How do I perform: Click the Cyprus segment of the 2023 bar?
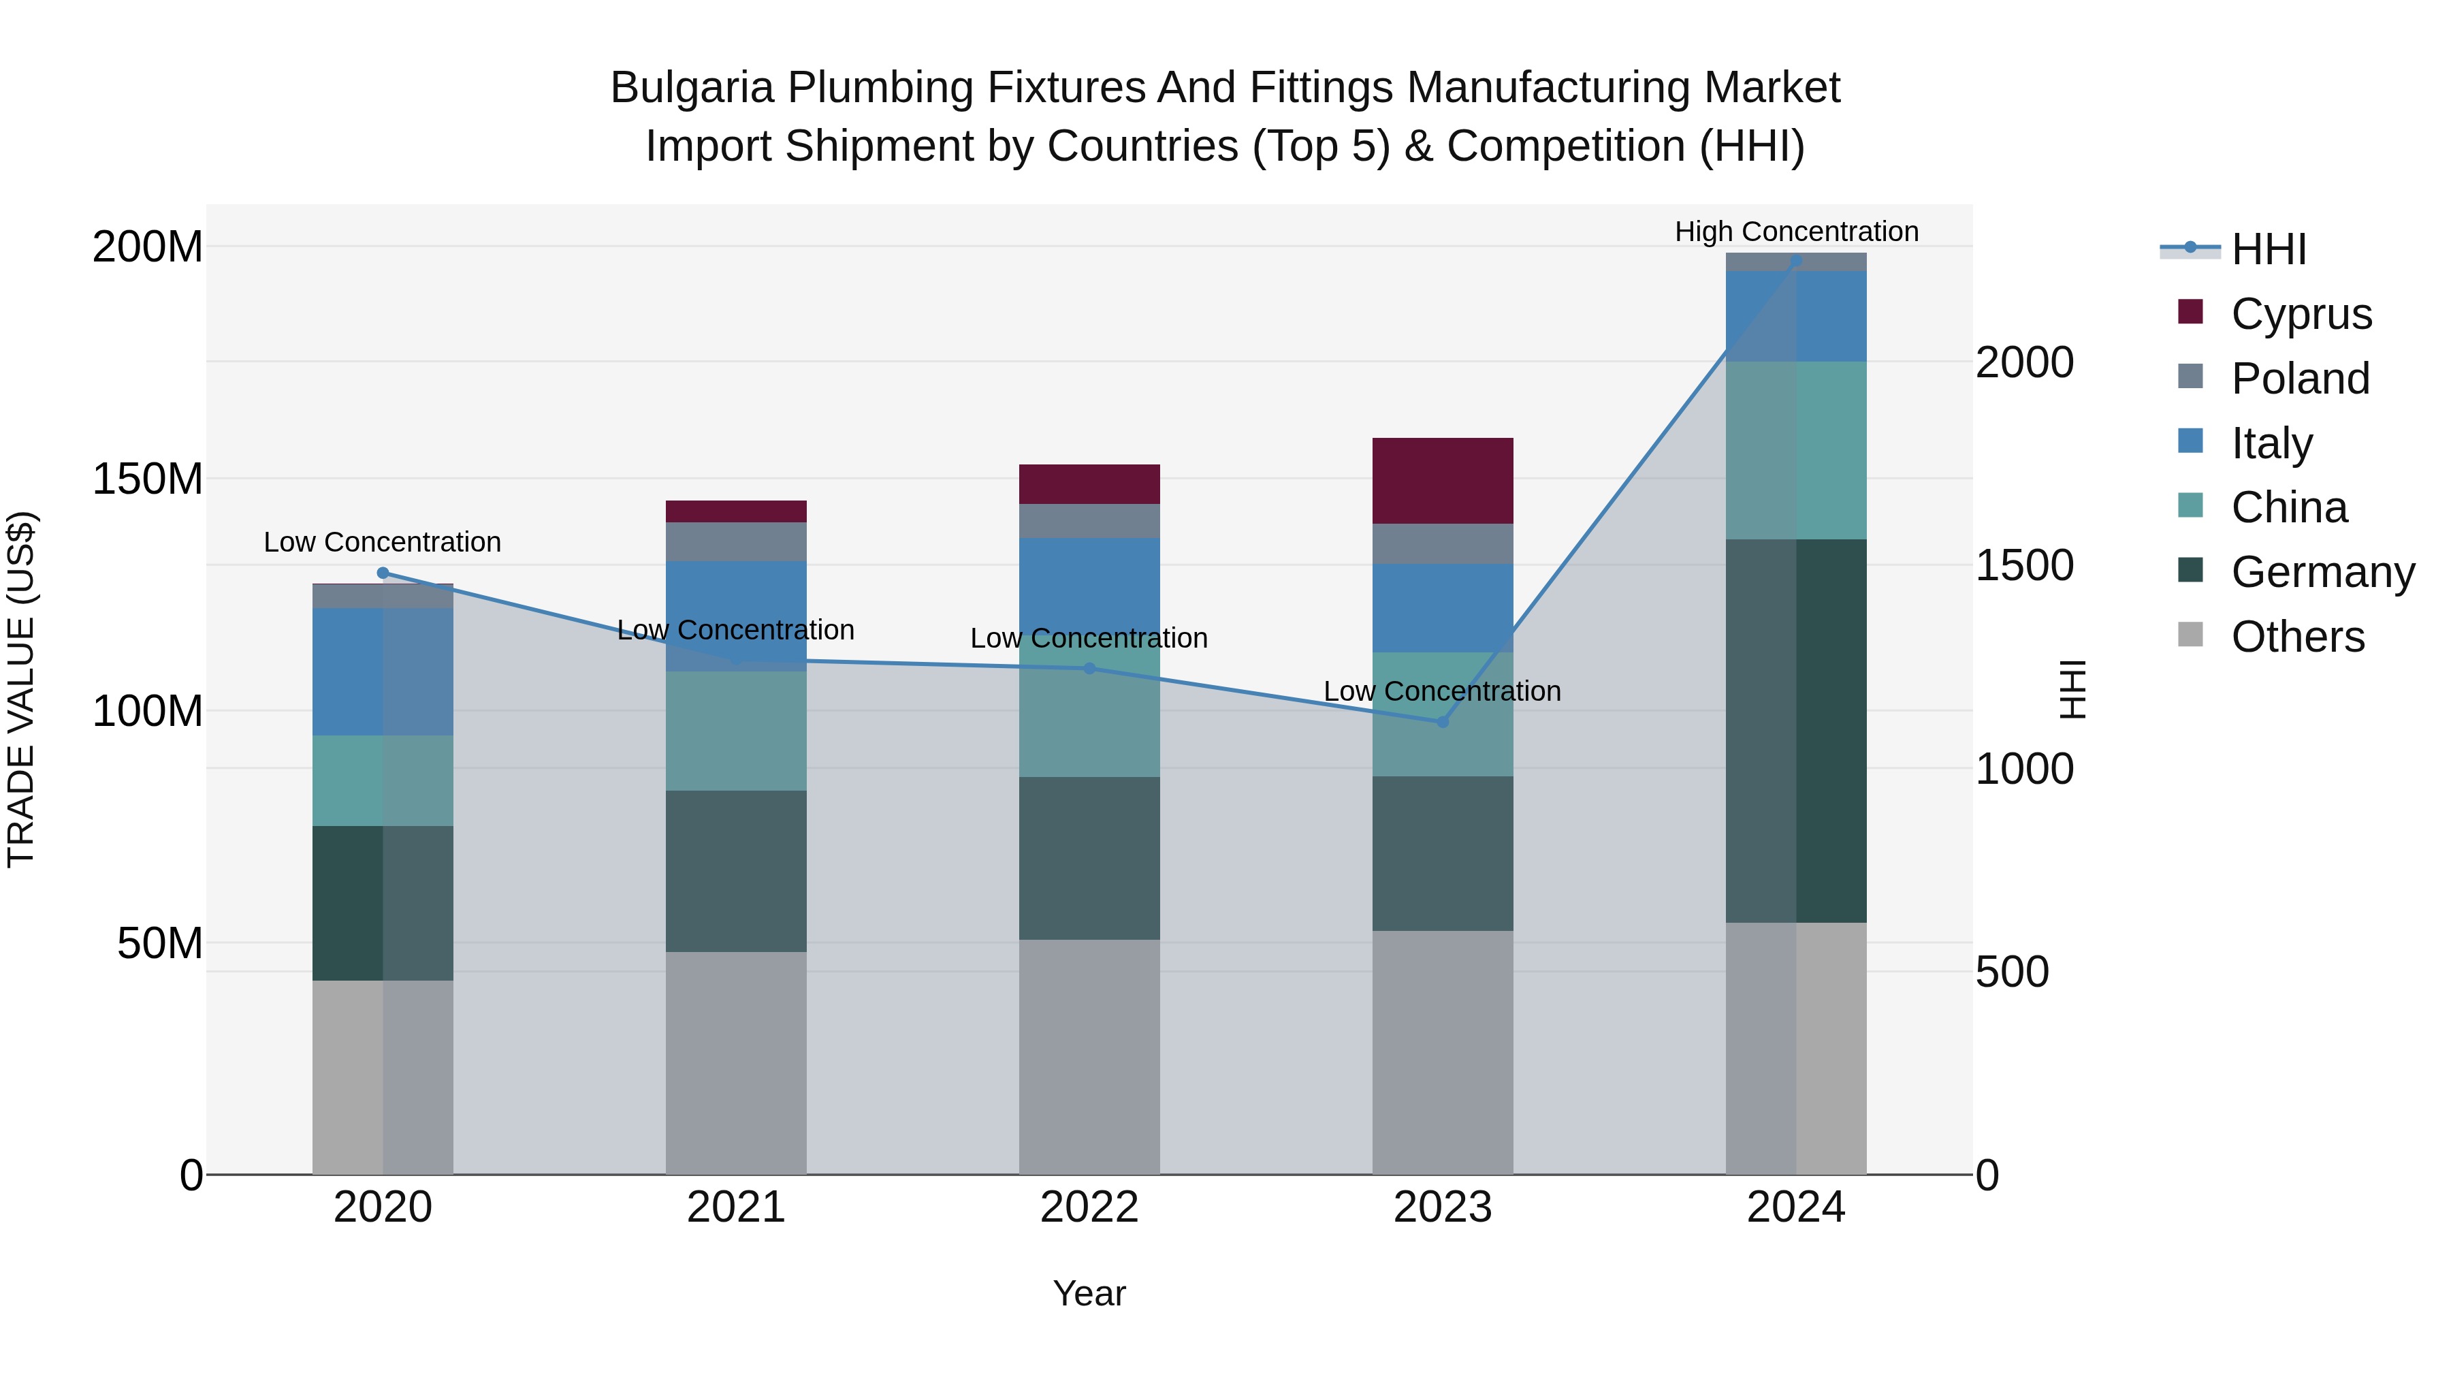point(1443,481)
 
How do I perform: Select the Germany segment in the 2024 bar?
point(1797,730)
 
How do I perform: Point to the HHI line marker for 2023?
point(1443,723)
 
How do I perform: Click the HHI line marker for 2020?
point(383,573)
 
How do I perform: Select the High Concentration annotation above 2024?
point(1797,232)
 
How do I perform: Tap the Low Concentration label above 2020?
point(383,543)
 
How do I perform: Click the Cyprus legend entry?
point(2301,314)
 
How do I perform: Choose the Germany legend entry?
point(2322,572)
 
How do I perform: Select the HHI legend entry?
point(2269,249)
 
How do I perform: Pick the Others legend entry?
point(2297,637)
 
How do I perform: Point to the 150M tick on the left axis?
point(148,479)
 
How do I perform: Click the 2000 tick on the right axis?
point(2025,362)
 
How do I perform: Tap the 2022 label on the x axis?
point(1089,1207)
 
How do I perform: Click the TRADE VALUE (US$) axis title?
point(22,689)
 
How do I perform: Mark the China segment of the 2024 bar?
point(1797,450)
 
